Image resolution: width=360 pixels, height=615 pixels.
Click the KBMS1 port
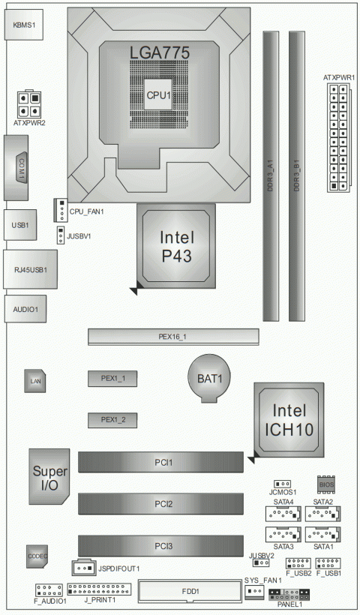point(25,24)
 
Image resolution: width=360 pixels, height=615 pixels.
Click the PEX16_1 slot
point(172,337)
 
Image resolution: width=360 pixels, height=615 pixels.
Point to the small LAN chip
point(34,381)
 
